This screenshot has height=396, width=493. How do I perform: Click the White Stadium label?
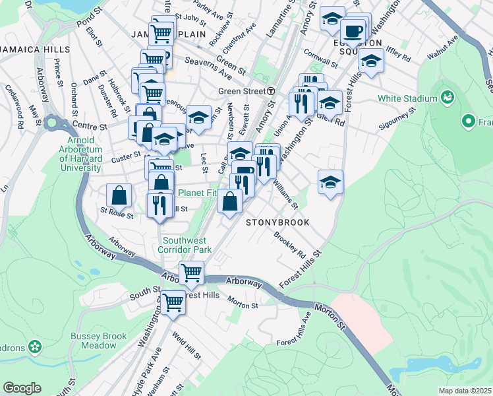tap(407, 99)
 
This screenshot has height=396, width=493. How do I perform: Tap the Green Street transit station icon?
tap(271, 91)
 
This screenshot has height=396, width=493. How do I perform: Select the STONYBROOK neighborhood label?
tap(277, 223)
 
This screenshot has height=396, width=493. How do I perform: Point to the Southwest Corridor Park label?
tap(187, 246)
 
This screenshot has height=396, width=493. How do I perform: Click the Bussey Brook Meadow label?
tap(99, 341)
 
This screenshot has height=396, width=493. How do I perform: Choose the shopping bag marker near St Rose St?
tap(119, 195)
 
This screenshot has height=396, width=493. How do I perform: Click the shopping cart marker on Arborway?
tap(191, 272)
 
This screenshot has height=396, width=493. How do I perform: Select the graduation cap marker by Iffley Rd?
tap(372, 61)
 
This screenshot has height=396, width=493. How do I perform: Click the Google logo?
tap(22, 388)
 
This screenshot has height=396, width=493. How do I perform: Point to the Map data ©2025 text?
tap(465, 391)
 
